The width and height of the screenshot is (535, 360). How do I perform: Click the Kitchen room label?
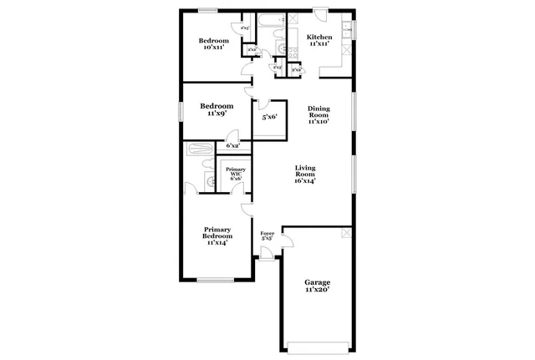319,40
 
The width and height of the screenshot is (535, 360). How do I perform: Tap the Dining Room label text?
318,114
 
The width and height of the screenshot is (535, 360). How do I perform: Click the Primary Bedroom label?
217,236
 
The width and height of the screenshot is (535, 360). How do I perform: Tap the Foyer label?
267,236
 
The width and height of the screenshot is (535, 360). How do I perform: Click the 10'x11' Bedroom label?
214,44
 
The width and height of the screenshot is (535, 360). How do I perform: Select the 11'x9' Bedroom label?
216,109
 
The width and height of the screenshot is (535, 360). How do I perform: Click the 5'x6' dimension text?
268,117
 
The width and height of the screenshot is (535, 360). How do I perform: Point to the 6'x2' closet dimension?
233,146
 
